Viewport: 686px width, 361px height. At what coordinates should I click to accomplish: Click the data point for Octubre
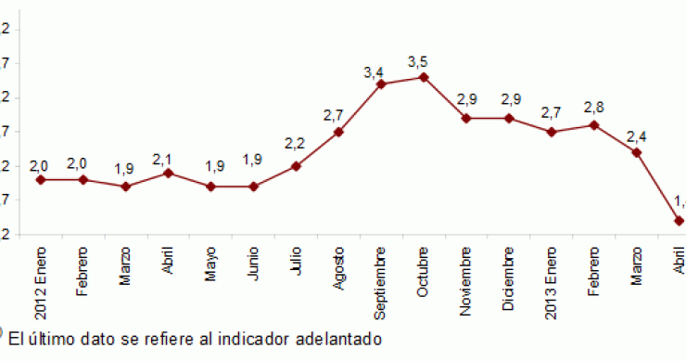click(423, 77)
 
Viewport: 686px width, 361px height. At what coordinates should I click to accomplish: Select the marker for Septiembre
click(380, 84)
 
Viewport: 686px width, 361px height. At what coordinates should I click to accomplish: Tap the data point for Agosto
click(338, 132)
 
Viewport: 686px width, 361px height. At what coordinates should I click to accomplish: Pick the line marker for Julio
click(296, 166)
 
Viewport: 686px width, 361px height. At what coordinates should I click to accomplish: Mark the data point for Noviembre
click(465, 118)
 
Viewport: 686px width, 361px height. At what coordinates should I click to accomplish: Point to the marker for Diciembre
click(509, 118)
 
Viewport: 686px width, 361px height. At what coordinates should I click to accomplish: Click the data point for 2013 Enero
click(551, 132)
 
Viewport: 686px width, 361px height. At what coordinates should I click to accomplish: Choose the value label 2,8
click(592, 108)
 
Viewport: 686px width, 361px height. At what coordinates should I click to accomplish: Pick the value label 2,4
click(636, 136)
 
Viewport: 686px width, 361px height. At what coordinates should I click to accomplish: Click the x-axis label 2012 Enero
click(41, 283)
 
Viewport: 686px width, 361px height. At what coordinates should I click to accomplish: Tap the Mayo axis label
click(210, 265)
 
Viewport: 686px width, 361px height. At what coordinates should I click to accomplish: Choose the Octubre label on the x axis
click(423, 270)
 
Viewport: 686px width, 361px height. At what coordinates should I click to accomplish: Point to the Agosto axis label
click(338, 269)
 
